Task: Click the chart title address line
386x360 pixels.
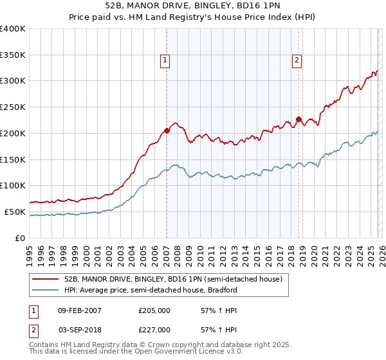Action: tap(192, 6)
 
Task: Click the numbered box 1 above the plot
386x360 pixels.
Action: tap(165, 61)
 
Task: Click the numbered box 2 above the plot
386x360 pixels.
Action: tap(297, 61)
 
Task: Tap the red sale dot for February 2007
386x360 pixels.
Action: tap(167, 130)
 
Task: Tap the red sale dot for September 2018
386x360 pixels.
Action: tap(299, 119)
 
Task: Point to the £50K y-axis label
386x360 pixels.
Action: tap(15, 212)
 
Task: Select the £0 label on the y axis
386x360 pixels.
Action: tap(19, 238)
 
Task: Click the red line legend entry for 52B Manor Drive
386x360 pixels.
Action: tap(172, 279)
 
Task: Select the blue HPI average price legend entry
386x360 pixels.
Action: tap(151, 290)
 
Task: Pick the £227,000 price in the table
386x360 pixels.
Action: tap(154, 329)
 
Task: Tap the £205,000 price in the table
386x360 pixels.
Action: tap(154, 310)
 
